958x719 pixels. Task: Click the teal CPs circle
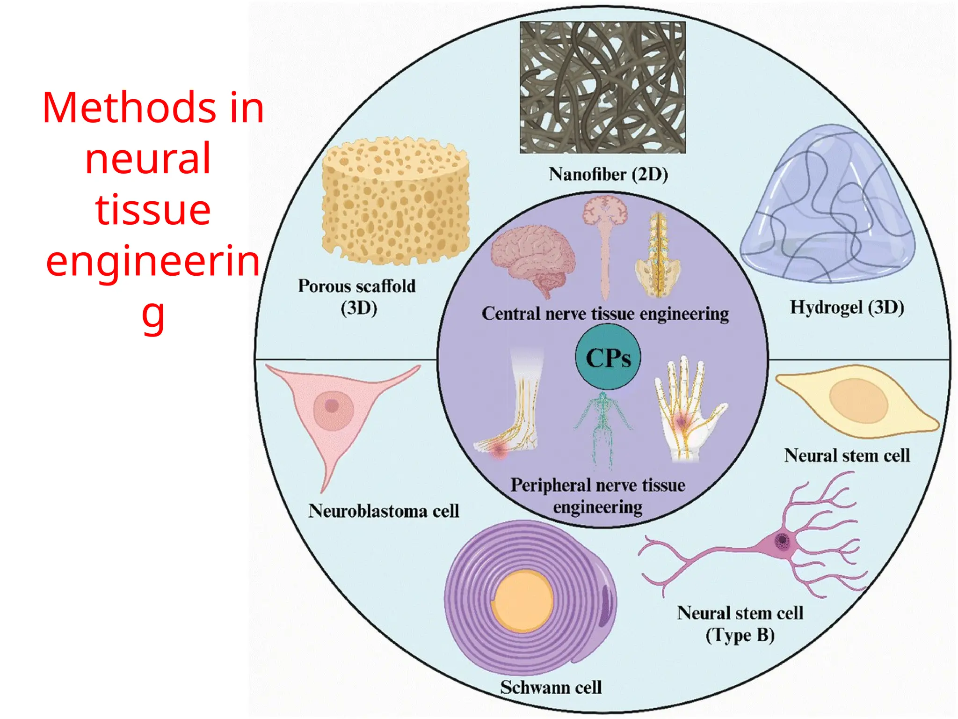click(x=608, y=358)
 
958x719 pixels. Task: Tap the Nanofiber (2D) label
click(x=608, y=174)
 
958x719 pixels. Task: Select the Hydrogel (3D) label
click(x=847, y=307)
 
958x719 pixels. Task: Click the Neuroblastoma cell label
click(x=384, y=511)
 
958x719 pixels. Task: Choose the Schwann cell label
click(x=551, y=687)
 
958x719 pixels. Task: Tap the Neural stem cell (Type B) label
click(x=740, y=624)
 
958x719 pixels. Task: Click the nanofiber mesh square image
click(x=602, y=88)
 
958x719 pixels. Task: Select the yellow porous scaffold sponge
click(x=395, y=201)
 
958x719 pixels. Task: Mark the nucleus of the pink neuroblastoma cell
click(x=332, y=405)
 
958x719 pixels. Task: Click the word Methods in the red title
click(x=129, y=108)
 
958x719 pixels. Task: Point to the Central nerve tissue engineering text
click(x=605, y=314)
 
